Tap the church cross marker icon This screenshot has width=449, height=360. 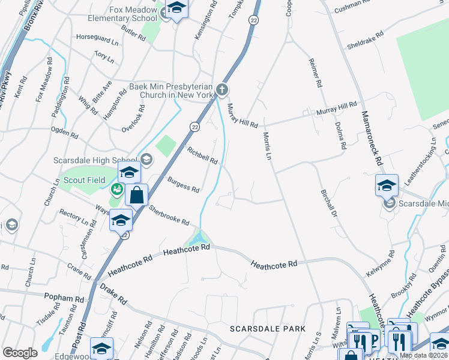pos(223,91)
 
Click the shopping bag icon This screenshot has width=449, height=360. pos(137,195)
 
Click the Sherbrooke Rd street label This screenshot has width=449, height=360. pos(169,214)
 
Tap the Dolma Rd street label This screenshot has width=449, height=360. pos(340,134)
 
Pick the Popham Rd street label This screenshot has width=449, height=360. pos(64,298)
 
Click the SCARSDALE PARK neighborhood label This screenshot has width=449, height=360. pos(268,329)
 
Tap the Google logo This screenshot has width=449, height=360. pos(20,353)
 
